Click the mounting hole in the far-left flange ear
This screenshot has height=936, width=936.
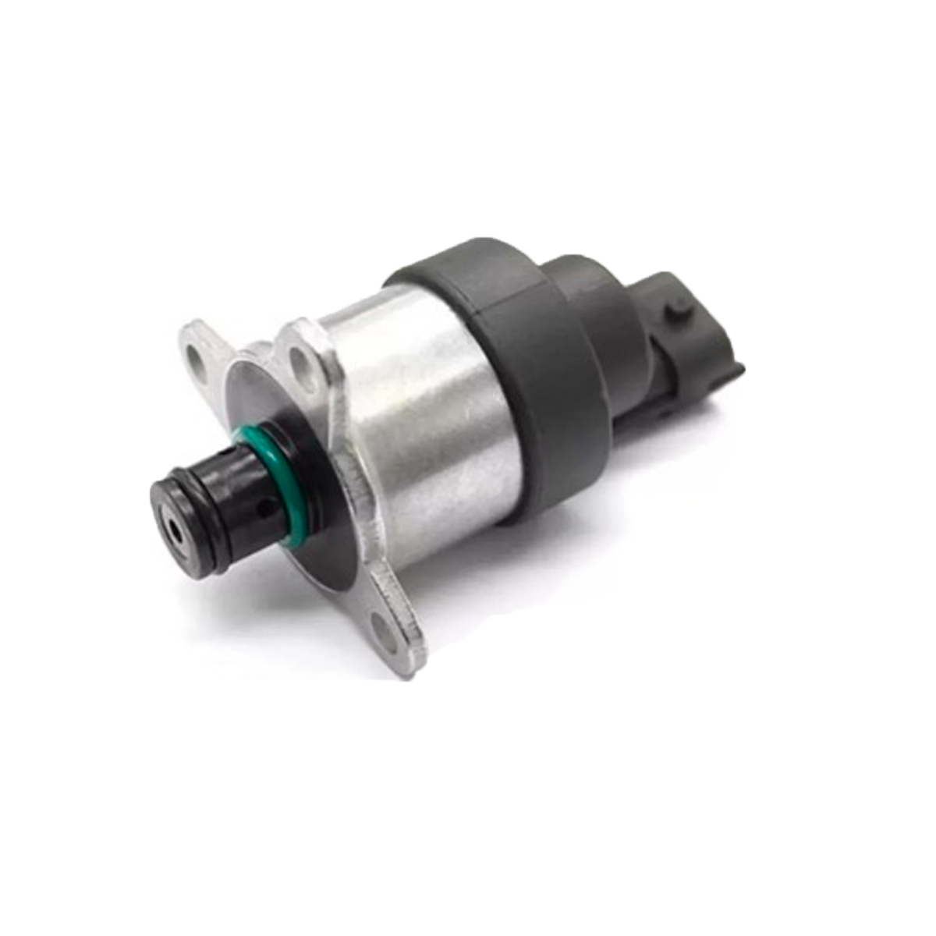194,360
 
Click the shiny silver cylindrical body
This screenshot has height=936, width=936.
421,421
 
